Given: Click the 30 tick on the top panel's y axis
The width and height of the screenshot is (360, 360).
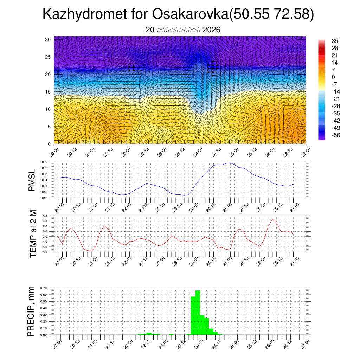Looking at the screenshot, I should (x=48, y=39).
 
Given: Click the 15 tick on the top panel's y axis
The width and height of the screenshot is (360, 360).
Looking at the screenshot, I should (x=48, y=92).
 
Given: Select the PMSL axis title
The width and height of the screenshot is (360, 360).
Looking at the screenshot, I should (x=32, y=180).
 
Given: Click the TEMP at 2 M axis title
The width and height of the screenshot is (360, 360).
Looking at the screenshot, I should (x=33, y=233).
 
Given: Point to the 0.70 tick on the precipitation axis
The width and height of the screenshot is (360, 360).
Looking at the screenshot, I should (x=44, y=288).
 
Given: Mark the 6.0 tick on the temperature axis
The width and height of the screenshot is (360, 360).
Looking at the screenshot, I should (x=45, y=216).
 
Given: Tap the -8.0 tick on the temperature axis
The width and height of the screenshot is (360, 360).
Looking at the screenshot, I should (x=44, y=252).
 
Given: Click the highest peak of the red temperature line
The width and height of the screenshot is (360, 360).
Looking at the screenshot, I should (x=272, y=220).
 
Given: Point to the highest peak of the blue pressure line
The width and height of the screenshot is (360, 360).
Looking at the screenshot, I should (x=230, y=163).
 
